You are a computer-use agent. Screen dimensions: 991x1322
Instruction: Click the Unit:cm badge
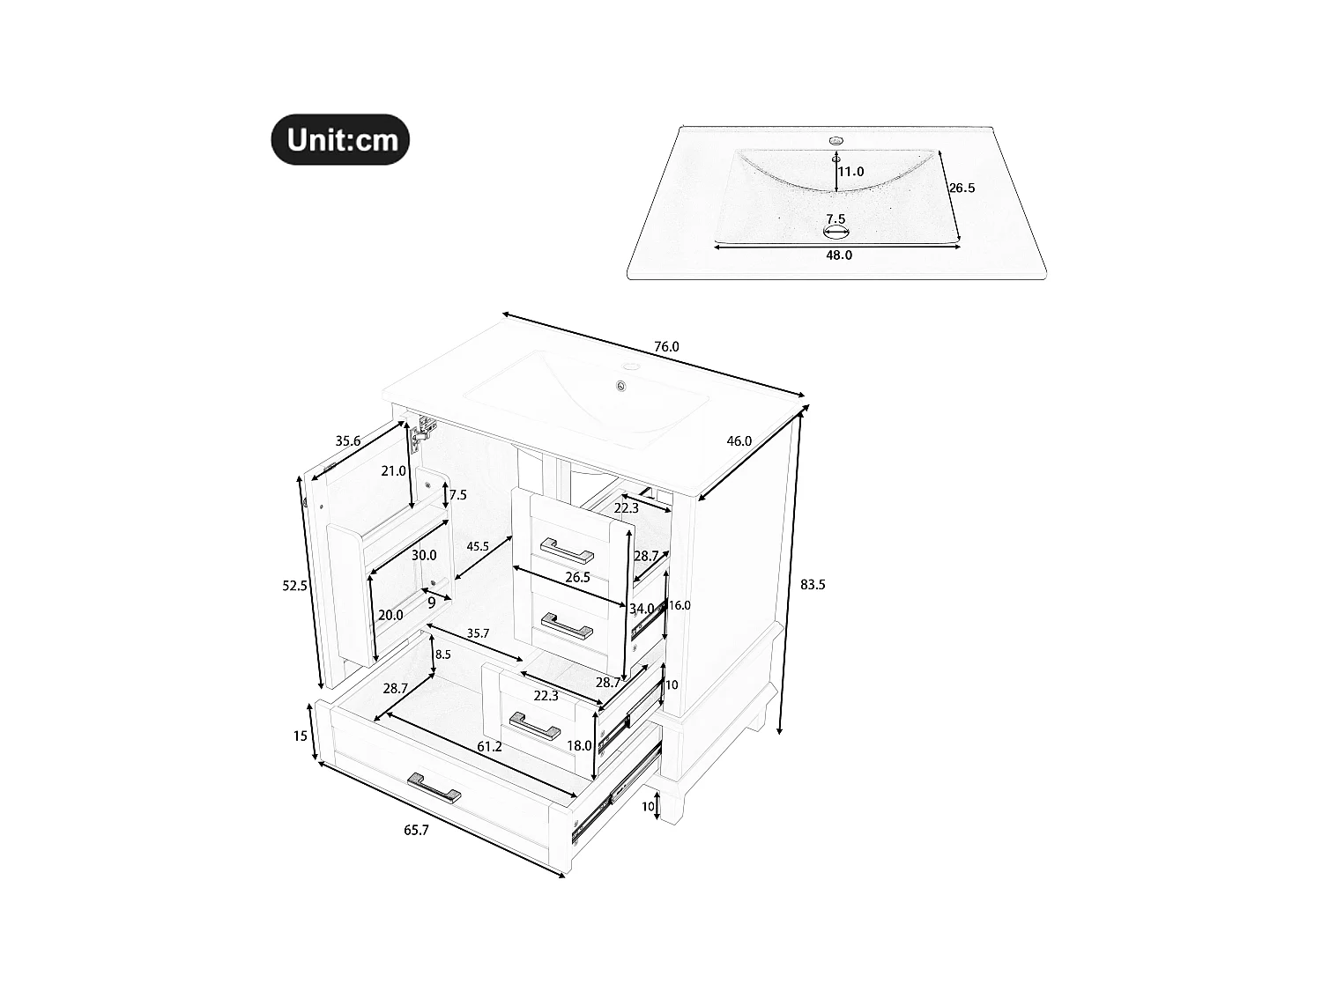(340, 139)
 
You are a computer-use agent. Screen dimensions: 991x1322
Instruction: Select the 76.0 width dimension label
(666, 347)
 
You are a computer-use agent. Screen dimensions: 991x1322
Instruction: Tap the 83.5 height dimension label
(813, 584)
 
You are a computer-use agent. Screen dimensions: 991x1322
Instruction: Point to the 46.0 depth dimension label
(739, 441)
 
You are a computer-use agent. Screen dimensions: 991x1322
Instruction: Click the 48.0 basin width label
(838, 255)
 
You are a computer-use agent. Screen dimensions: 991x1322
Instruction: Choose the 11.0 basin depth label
(850, 172)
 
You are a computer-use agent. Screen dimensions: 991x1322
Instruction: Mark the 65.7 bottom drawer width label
(416, 830)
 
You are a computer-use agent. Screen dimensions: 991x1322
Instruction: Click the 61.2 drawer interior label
(489, 747)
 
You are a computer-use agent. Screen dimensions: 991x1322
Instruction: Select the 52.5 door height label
(294, 586)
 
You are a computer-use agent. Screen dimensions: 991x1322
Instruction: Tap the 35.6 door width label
(347, 441)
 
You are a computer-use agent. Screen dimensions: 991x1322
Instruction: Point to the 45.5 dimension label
(478, 547)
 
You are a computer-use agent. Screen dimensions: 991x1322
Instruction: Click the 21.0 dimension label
(393, 471)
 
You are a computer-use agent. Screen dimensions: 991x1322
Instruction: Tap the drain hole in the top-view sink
(836, 233)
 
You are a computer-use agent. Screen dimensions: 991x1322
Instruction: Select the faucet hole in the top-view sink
(836, 140)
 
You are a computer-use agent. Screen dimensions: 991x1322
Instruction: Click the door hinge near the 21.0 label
(426, 429)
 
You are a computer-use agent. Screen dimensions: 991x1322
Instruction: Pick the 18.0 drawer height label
(579, 746)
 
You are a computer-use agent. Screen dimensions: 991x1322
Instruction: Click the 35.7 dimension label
(478, 633)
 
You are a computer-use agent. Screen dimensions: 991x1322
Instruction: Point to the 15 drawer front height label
(301, 736)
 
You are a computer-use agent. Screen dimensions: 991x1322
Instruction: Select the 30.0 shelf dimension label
(424, 555)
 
